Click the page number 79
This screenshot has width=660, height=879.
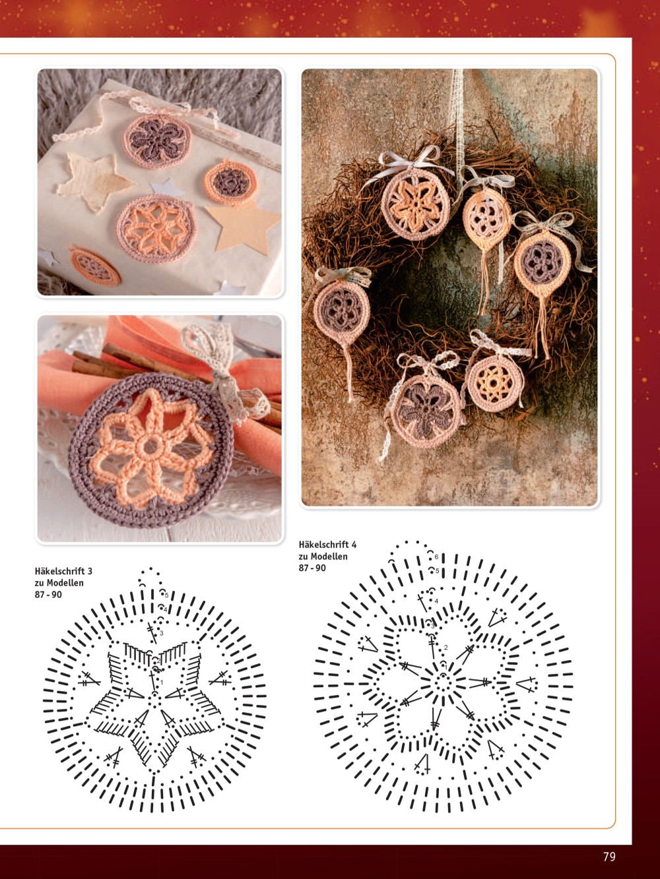(x=609, y=857)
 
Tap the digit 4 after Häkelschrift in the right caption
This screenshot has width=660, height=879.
(x=354, y=545)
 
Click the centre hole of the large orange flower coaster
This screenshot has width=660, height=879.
(x=150, y=446)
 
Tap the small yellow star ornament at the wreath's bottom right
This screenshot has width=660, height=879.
(x=495, y=383)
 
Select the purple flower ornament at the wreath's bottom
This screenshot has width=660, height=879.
(x=426, y=411)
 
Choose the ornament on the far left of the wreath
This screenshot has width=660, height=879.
(x=342, y=311)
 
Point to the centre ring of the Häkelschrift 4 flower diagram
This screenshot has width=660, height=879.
(x=443, y=682)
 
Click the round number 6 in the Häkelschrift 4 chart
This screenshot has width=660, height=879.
(x=436, y=557)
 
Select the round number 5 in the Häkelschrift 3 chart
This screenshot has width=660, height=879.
(x=167, y=595)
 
